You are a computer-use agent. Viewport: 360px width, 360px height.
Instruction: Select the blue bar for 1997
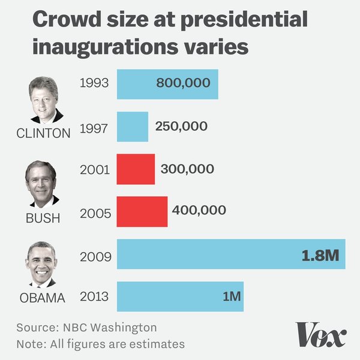click(x=132, y=127)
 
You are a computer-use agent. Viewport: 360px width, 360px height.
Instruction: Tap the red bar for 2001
click(x=136, y=169)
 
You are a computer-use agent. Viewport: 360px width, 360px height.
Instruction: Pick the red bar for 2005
click(x=142, y=212)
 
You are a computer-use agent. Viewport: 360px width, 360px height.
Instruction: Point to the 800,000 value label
click(x=183, y=83)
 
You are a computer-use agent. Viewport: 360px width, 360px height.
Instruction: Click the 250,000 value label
click(x=181, y=127)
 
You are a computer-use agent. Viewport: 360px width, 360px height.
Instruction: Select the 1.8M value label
click(x=320, y=256)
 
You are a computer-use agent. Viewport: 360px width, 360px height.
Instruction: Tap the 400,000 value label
click(x=199, y=210)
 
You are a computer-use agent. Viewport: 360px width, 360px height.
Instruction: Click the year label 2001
click(x=94, y=170)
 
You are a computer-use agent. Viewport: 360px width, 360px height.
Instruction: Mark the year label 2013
click(x=94, y=297)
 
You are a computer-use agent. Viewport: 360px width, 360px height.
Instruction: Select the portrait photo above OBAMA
click(x=41, y=264)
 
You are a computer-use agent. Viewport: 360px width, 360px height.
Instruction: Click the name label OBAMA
click(x=41, y=298)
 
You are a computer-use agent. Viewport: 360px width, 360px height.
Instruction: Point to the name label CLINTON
click(x=43, y=133)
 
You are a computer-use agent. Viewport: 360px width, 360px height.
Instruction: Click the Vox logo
click(x=320, y=335)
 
